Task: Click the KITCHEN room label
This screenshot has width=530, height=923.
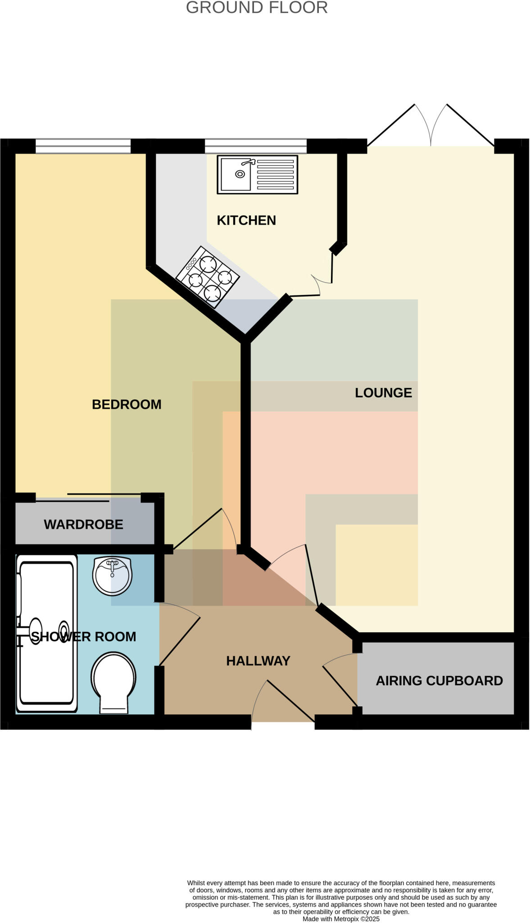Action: pos(246,220)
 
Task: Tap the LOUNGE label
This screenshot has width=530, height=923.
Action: pos(383,393)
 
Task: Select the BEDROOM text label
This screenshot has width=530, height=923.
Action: pos(127,405)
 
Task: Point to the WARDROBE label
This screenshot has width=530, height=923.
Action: pos(83,525)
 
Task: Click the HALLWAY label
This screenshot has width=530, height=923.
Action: pos(258,661)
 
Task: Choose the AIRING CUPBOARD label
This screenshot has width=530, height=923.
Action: pos(439,681)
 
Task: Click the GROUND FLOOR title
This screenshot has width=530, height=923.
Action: pos(257,8)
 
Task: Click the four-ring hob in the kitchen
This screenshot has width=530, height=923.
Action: pos(208,277)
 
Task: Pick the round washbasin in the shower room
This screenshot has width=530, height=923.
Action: pos(113,576)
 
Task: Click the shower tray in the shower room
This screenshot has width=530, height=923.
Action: pos(46,633)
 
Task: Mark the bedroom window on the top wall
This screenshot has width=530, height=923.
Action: pos(83,146)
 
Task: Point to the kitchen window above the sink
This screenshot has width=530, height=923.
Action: pos(255,146)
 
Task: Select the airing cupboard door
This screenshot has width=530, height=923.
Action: pos(340,685)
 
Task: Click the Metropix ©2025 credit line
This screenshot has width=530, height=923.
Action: pos(341,919)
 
